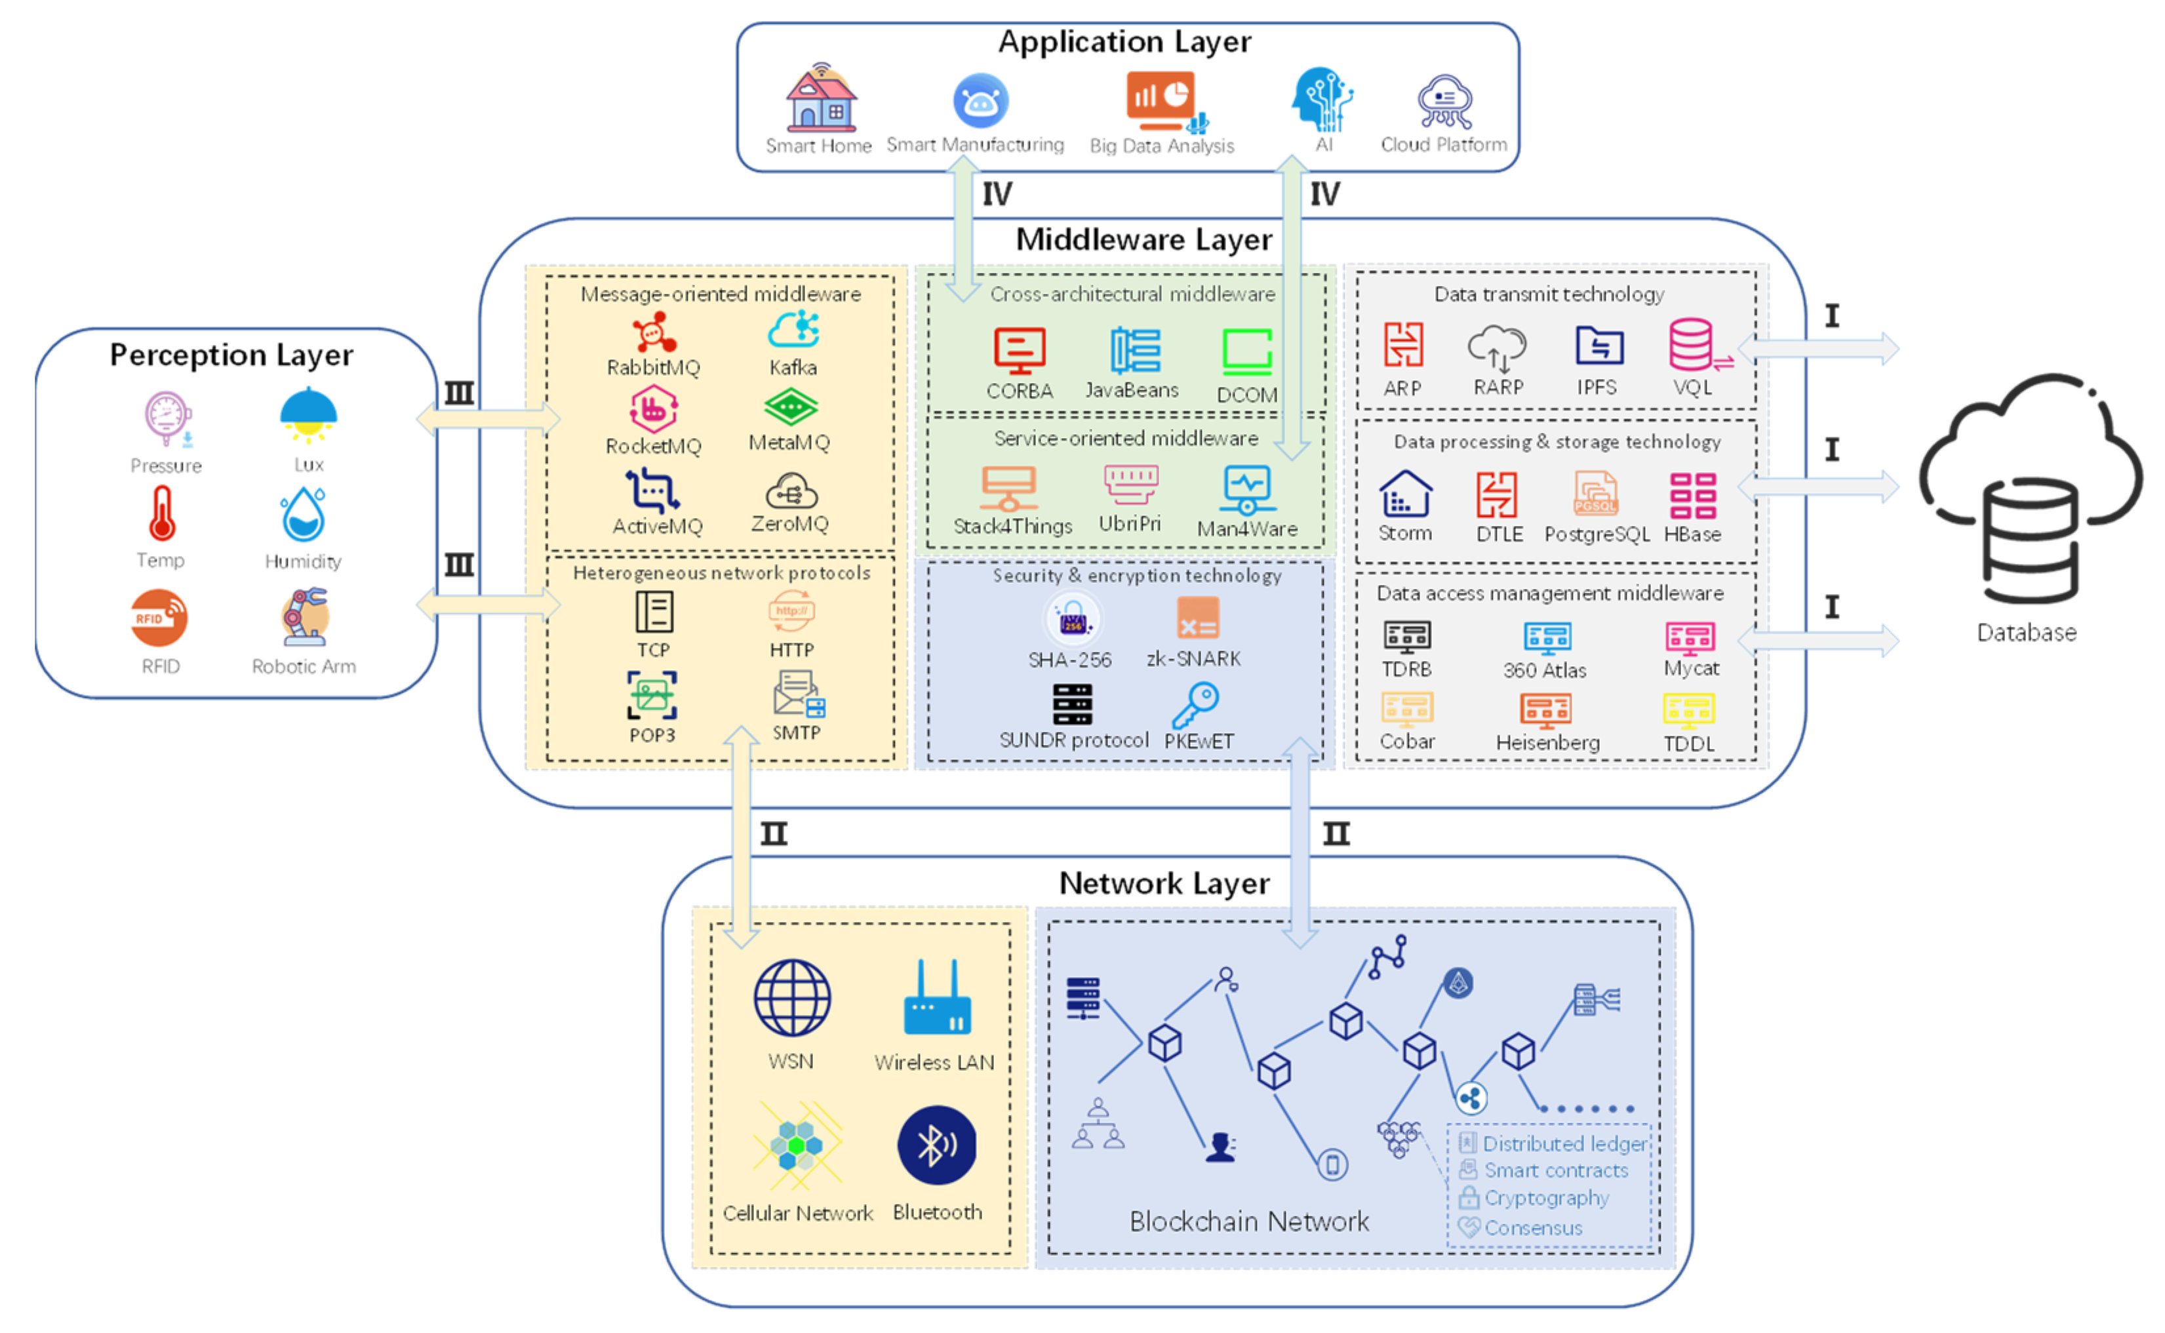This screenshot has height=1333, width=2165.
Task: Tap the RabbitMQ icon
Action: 653,333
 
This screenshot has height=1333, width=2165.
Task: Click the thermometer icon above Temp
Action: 161,514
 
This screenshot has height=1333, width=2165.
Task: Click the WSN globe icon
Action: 791,997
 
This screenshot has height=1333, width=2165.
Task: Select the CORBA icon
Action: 1019,351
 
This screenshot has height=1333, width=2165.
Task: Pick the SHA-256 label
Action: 1069,660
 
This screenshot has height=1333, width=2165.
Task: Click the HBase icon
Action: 1692,496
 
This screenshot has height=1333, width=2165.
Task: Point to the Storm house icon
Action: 1405,494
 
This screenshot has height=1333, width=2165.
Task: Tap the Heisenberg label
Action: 1547,742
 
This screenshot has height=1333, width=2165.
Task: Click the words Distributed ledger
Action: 1564,1144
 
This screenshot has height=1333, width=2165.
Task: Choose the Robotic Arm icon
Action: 304,616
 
